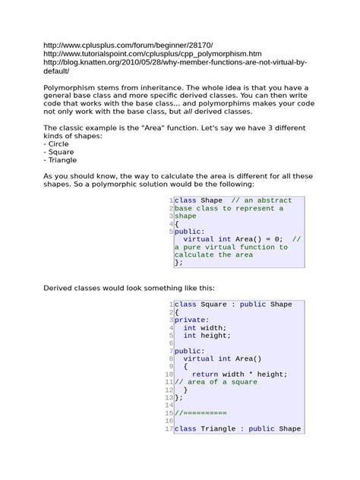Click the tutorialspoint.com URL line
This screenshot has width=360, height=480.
(x=152, y=54)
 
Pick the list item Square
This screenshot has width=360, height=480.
(x=62, y=151)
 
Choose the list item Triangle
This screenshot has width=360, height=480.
(x=64, y=160)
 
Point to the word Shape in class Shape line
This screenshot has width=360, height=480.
(x=211, y=201)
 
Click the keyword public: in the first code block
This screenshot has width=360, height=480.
(x=189, y=231)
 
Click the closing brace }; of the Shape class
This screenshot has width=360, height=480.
(x=178, y=262)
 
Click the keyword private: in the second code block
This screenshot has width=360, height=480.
(x=191, y=320)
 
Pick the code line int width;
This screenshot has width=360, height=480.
(x=205, y=327)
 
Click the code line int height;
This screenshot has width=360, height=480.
(x=207, y=335)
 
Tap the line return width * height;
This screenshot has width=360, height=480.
(x=239, y=374)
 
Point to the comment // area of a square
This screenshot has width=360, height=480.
(x=216, y=382)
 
